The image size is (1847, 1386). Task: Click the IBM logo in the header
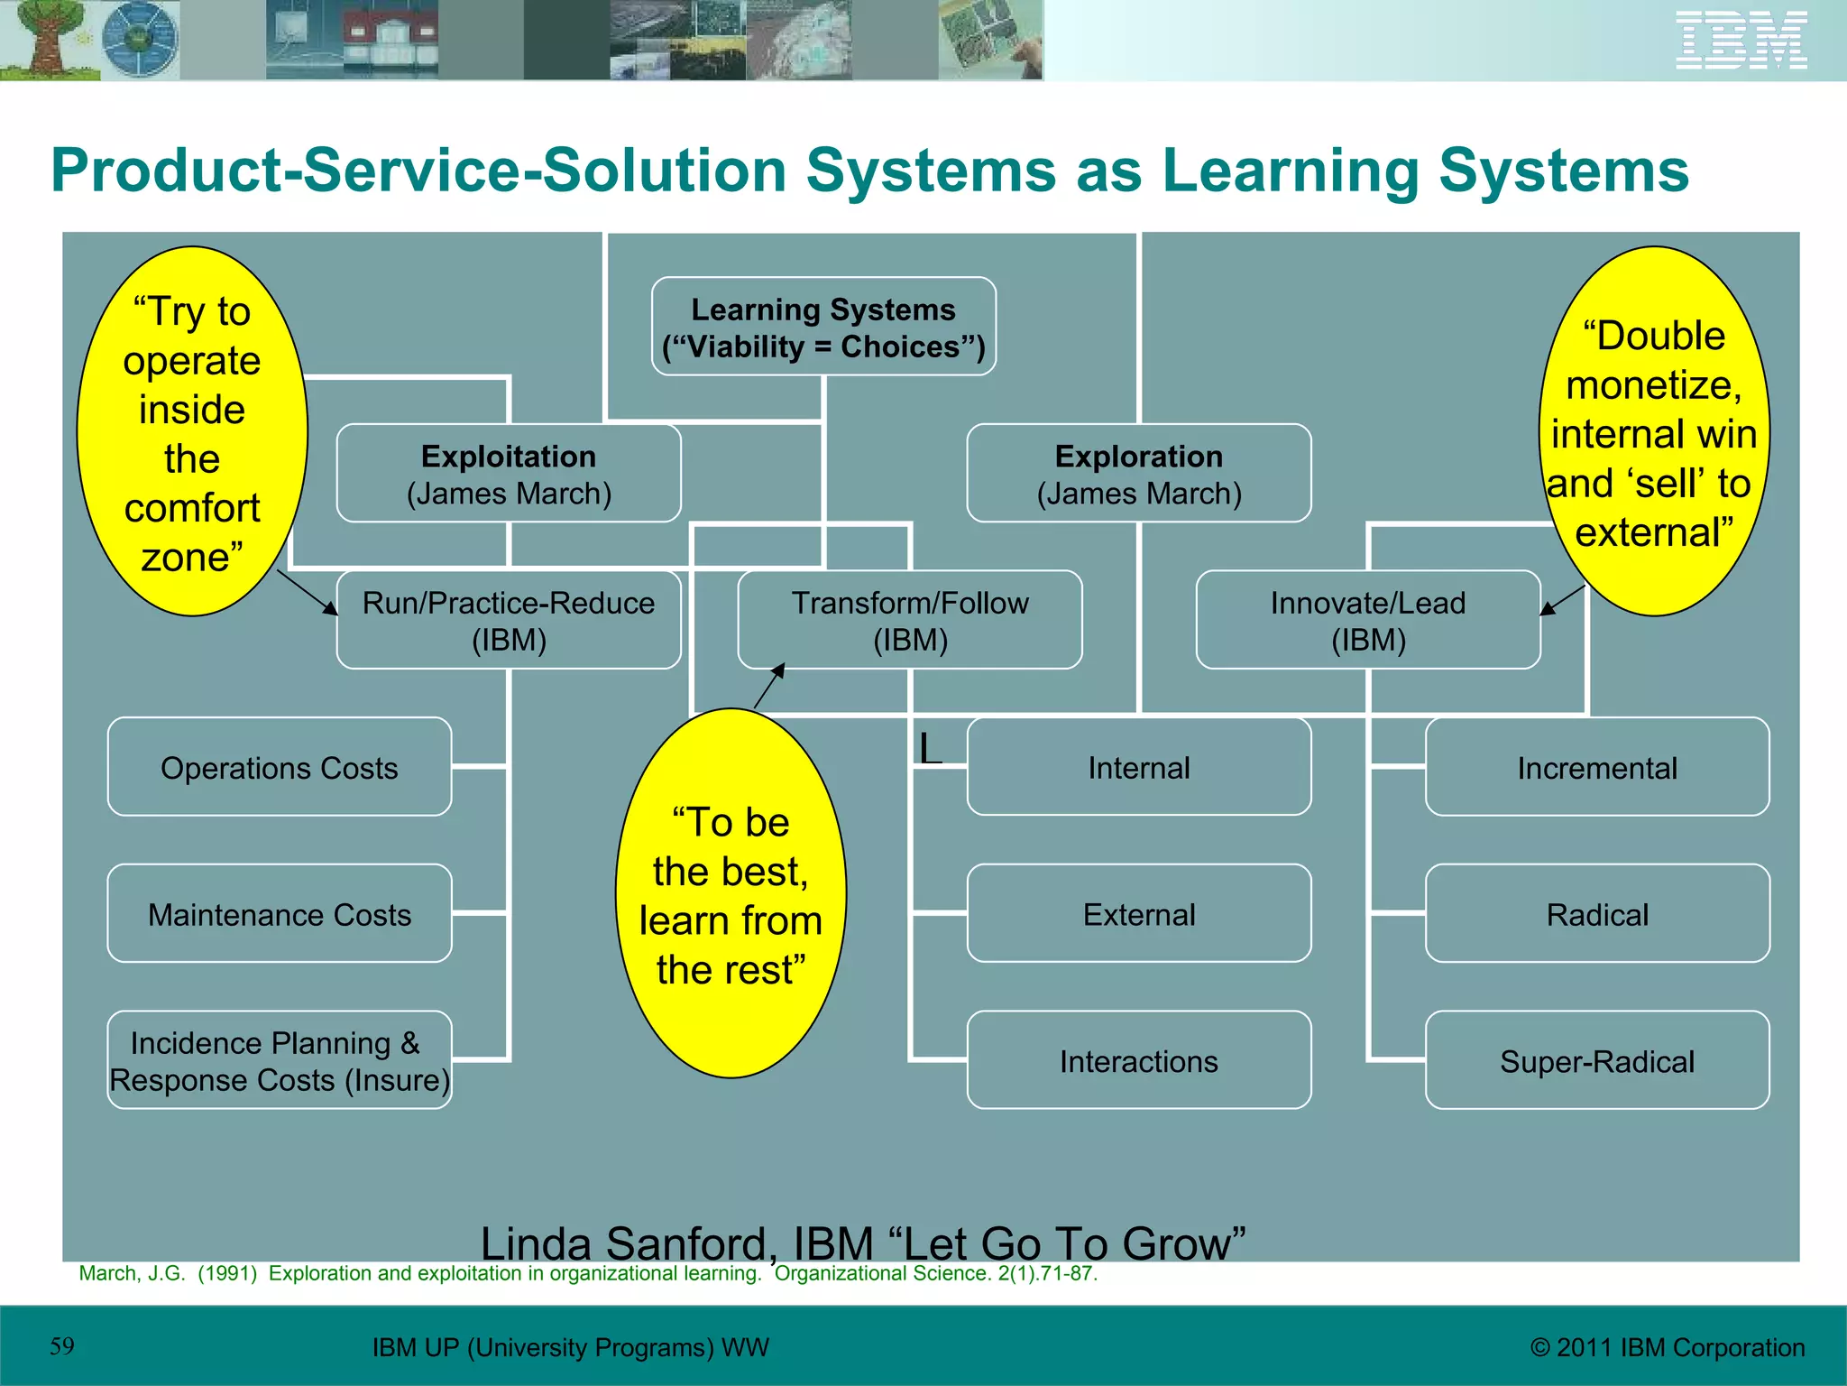[x=1741, y=40]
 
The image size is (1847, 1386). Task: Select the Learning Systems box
[x=823, y=327]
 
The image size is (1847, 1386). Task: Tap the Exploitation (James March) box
[x=509, y=474]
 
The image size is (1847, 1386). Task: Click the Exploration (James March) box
[x=1138, y=474]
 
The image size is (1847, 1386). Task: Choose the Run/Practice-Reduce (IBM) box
[x=509, y=620]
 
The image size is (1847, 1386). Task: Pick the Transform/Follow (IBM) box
[x=910, y=620]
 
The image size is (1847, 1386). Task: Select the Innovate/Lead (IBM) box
[x=1367, y=620]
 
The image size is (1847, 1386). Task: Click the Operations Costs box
[x=280, y=767]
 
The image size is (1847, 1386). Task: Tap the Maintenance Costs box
[x=280, y=914]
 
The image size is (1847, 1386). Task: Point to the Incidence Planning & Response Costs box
[x=280, y=1060]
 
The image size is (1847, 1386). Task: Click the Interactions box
[x=1138, y=1060]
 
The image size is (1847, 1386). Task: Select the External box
[x=1138, y=914]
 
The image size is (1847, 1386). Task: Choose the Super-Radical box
[x=1596, y=1060]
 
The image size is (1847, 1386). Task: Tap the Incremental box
[x=1596, y=767]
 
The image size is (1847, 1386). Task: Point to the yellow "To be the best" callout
[x=731, y=893]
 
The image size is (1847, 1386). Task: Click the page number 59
[x=62, y=1346]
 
